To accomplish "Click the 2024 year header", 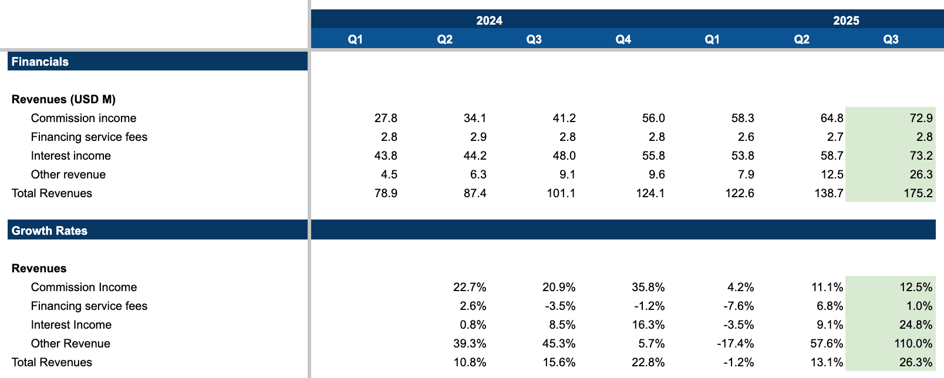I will [489, 21].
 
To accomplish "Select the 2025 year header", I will [846, 21].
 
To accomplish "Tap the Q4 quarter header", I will [623, 39].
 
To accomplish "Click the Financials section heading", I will [40, 62].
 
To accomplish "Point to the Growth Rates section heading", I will [49, 231].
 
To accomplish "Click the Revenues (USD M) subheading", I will [63, 99].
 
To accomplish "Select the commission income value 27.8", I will [386, 118].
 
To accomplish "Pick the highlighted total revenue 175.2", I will [918, 193].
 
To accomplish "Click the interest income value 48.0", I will [564, 156].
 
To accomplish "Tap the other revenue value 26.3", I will [921, 174].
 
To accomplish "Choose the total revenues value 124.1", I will [650, 193].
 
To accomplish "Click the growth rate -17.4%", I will [735, 343].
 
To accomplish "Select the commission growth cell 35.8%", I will [648, 287].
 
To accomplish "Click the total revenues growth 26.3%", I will [916, 362].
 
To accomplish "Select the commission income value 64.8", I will [832, 118].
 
